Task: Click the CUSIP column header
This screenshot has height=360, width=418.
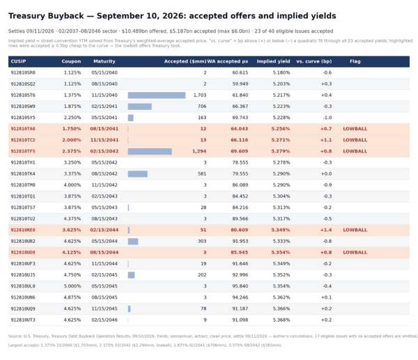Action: tap(18, 61)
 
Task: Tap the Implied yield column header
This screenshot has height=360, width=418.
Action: tap(273, 61)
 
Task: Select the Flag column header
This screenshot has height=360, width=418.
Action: tap(355, 61)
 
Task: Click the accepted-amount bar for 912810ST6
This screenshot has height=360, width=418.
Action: tap(157, 95)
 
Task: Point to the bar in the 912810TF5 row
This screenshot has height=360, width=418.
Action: tap(150, 151)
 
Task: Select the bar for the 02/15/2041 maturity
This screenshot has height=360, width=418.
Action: tap(140, 107)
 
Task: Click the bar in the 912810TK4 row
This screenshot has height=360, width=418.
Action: tap(137, 174)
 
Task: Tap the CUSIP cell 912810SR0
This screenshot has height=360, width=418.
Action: tap(23, 72)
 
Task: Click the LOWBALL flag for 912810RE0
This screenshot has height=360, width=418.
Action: tap(355, 230)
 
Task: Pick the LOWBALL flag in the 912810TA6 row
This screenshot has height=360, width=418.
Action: tap(355, 129)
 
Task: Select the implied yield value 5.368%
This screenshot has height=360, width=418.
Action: tap(281, 320)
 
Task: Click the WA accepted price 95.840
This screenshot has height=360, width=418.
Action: tap(240, 286)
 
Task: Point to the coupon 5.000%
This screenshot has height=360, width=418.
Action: tap(72, 286)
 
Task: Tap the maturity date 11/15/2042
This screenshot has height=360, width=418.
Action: tap(104, 185)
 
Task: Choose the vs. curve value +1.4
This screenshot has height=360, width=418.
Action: tap(326, 230)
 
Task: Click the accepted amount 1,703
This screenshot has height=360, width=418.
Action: tap(200, 95)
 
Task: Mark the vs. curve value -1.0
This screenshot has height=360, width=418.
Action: tap(327, 118)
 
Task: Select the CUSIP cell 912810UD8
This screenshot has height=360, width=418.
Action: tap(23, 252)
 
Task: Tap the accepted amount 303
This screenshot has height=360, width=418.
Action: tap(202, 241)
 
